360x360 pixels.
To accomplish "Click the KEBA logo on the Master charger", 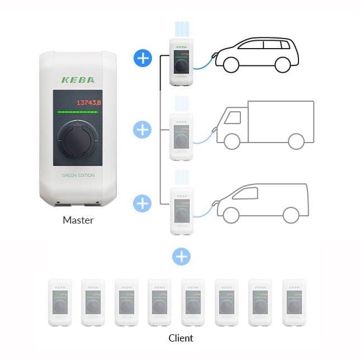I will [x=78, y=79].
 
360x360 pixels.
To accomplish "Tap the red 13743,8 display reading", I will [x=89, y=102].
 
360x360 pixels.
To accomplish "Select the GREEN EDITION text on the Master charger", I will [x=78, y=176].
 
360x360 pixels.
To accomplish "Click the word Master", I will [x=78, y=220].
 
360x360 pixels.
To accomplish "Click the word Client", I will [x=181, y=338].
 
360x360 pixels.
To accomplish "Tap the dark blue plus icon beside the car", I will [x=143, y=58].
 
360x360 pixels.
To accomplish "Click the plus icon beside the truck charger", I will [x=143, y=130].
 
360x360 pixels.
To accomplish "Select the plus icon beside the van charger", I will [x=143, y=202].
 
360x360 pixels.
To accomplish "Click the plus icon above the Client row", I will [x=181, y=257].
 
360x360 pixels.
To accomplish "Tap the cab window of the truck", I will [x=234, y=117].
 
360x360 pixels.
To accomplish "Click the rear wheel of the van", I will [x=291, y=215].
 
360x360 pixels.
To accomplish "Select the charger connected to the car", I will [x=181, y=61].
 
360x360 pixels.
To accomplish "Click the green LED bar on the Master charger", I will [x=78, y=112].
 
